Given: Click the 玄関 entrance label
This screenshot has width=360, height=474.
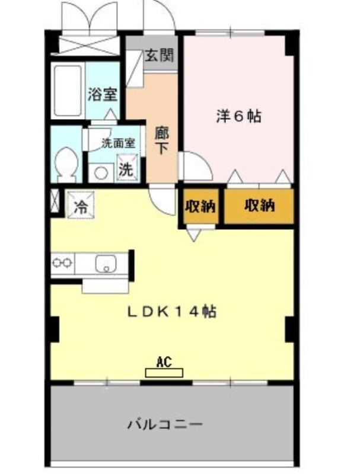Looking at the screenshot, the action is click(x=159, y=55).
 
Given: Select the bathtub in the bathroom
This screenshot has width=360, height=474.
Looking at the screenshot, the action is click(x=68, y=91).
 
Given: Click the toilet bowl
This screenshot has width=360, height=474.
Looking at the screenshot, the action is click(x=67, y=164).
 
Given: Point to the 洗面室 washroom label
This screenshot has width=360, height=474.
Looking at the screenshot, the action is click(x=118, y=143).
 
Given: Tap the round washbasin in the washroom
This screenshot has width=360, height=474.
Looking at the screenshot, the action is click(x=101, y=173).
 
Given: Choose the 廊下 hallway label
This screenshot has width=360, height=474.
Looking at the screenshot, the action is click(x=161, y=140).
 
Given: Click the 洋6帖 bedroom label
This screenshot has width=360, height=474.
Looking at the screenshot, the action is click(x=238, y=116).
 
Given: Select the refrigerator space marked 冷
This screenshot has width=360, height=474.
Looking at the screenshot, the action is click(x=81, y=204).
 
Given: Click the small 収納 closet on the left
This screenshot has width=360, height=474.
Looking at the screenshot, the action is click(x=200, y=206).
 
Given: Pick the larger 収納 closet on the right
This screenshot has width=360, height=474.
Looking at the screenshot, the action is click(x=259, y=206).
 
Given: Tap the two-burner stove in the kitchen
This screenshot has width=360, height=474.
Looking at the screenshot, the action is click(x=63, y=262).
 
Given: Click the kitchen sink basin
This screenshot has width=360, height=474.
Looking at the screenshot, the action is click(x=106, y=263).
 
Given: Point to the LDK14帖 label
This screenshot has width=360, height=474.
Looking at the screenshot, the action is click(x=171, y=312).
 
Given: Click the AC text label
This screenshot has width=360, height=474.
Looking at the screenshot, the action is click(x=164, y=362).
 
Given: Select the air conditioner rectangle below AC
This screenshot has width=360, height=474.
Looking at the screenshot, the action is click(x=164, y=373).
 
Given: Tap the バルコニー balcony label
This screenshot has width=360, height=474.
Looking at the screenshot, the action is click(x=165, y=424).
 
